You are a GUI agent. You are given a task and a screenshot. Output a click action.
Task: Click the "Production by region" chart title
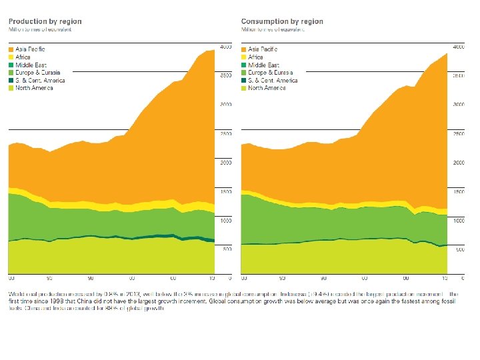[x=45, y=21]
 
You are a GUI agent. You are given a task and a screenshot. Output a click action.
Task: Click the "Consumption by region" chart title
[x=282, y=21]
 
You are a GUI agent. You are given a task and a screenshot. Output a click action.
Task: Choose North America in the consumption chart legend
[x=267, y=88]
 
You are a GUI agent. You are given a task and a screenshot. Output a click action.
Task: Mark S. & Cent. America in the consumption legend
[x=272, y=81]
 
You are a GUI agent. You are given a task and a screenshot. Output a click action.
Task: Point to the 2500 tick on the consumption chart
[x=459, y=134]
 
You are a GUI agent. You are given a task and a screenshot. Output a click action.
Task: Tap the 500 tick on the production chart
[x=227, y=249]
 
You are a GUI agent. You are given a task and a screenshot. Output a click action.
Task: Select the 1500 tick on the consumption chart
[x=459, y=192]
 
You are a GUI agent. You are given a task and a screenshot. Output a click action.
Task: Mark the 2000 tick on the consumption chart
[x=459, y=163]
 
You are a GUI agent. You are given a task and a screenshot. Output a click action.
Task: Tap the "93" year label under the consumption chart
[x=283, y=277]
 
